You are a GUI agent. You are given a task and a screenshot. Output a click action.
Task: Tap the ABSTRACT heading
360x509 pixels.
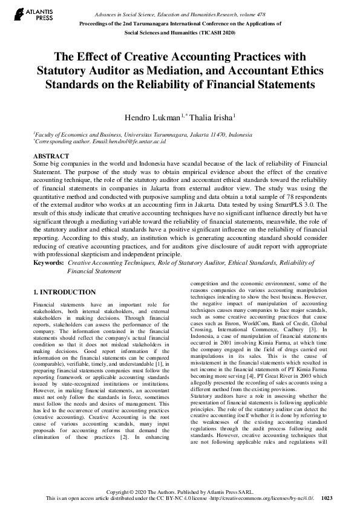(x=51, y=156)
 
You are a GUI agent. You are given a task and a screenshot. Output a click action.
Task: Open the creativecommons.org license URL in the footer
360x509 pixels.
(x=264, y=498)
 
